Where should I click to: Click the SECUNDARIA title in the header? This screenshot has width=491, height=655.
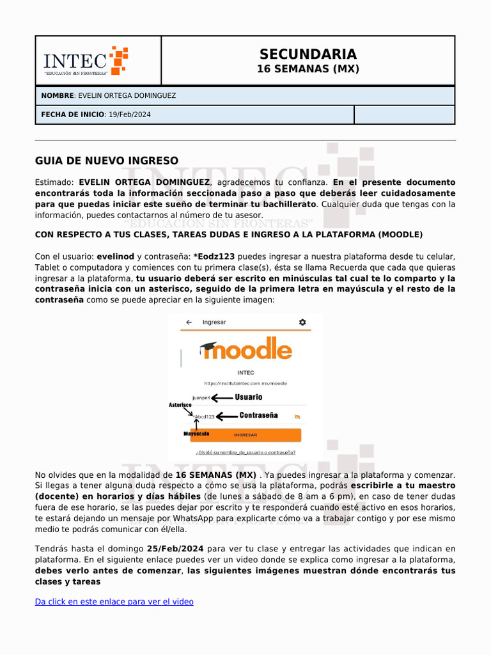pos(308,54)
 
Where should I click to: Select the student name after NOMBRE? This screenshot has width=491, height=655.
pos(127,96)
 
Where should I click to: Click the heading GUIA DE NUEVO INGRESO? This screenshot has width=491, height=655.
pos(107,161)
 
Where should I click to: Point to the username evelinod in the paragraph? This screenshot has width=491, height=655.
pos(115,256)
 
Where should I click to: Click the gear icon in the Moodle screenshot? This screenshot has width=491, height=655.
pos(302,322)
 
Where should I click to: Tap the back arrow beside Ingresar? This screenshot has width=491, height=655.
pos(189,322)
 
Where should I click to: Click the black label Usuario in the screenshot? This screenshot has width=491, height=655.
pos(248,397)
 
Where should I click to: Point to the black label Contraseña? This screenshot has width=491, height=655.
pos(258,416)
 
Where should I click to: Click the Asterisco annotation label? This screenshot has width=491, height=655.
pos(180,405)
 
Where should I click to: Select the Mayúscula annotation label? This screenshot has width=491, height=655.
pos(196,434)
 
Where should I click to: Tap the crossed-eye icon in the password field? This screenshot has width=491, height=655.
pos(296,416)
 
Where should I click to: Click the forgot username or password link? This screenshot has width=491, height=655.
pos(245,452)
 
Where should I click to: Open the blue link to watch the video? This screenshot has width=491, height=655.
pos(114,602)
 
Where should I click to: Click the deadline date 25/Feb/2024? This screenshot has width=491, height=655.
pos(175,549)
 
